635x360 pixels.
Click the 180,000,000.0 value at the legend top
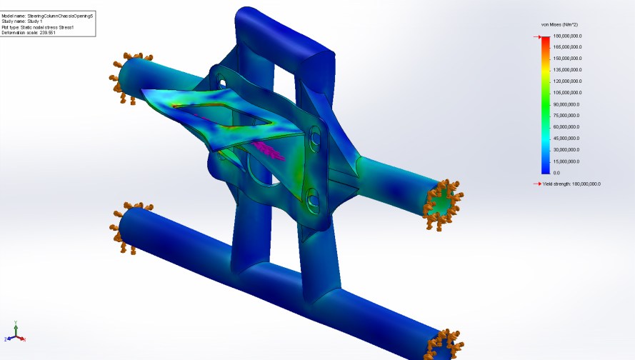tap(569, 36)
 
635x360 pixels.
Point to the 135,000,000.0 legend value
tap(569, 70)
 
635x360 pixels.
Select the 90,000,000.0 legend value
tap(569, 104)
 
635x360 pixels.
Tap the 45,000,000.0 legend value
tap(569, 139)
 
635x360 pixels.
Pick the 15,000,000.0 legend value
tap(569, 161)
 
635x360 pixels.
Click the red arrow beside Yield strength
tap(537, 184)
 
